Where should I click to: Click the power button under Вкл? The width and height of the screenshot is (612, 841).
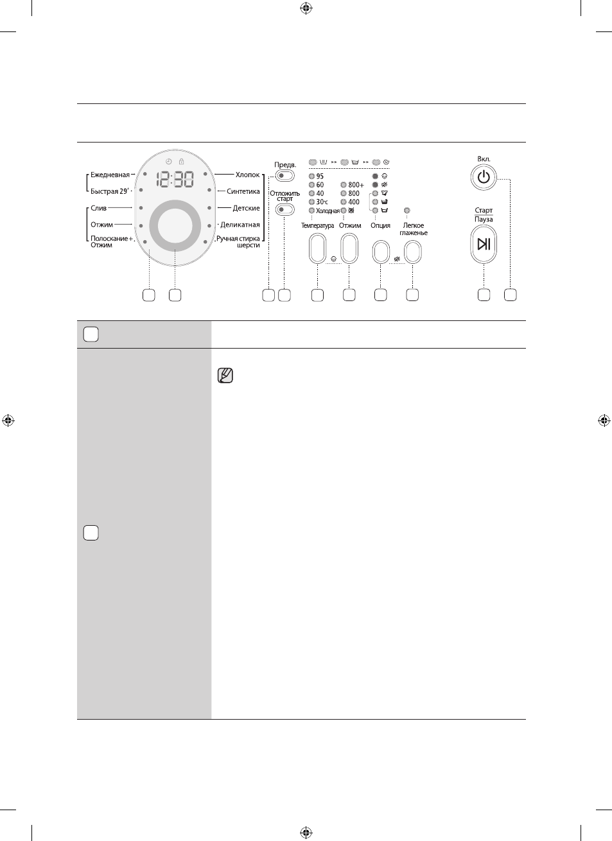click(x=484, y=177)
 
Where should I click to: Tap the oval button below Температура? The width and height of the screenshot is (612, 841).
click(x=317, y=248)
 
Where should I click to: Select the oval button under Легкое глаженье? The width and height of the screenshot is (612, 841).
click(x=412, y=252)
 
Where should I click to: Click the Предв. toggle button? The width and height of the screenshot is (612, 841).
click(x=285, y=176)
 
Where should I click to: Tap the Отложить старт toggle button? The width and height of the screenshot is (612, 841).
click(x=285, y=209)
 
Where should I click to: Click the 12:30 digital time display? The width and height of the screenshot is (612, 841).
click(x=175, y=180)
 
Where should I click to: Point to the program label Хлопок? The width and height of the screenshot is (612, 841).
click(x=247, y=175)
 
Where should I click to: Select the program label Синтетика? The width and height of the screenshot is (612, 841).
click(x=243, y=191)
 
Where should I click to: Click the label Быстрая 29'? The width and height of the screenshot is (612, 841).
click(x=110, y=191)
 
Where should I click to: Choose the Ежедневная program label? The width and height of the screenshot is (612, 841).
click(x=110, y=175)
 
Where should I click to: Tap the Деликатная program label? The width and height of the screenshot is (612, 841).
click(x=240, y=225)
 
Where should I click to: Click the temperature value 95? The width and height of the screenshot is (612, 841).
click(x=320, y=176)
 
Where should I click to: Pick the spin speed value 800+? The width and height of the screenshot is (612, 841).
click(x=356, y=185)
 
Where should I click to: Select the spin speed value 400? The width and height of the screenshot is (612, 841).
click(x=354, y=202)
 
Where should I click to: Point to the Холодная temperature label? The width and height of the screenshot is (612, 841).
click(x=328, y=211)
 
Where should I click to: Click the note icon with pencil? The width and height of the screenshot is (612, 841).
click(x=225, y=376)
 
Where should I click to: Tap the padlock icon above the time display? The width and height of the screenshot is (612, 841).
click(x=182, y=161)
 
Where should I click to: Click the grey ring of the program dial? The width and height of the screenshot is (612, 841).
click(x=153, y=226)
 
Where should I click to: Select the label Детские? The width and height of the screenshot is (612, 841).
click(x=247, y=208)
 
